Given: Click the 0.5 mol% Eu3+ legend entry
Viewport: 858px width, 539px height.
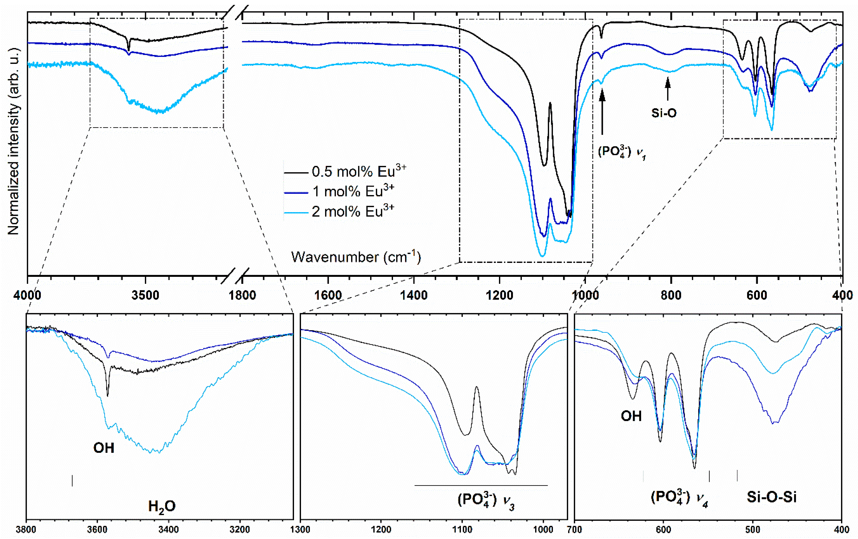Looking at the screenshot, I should tap(358, 172).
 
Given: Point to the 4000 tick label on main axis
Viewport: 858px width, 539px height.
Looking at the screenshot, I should tap(27, 295).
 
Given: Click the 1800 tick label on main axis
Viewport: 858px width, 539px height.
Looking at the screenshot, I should tap(242, 295).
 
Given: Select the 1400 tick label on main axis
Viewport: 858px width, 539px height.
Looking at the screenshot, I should tap(414, 295).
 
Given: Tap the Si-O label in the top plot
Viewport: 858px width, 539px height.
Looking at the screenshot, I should tap(664, 113).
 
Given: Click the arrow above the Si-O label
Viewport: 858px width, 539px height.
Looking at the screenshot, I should tap(668, 89).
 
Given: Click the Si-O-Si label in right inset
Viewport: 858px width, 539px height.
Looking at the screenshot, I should tap(771, 497).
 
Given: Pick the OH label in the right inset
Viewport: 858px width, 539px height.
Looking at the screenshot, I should tap(631, 416).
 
